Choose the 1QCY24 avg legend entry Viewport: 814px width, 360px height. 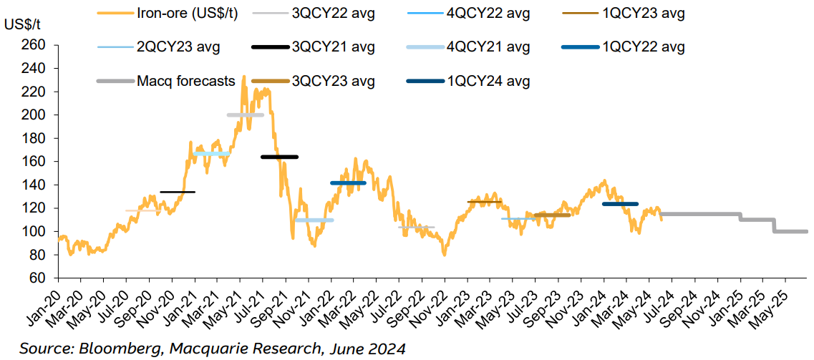pos(488,81)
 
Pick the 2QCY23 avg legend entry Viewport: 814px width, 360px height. pos(178,47)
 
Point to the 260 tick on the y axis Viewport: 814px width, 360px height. pos(35,45)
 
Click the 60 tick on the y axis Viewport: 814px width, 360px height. pos(39,278)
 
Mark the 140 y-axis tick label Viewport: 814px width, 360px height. pos(35,185)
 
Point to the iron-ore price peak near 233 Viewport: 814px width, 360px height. pos(244,77)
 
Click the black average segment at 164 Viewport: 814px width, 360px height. pos(279,157)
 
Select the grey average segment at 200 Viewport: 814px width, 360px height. pos(246,115)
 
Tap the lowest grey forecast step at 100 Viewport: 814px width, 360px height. pos(791,231)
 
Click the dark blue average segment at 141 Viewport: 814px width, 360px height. pos(348,183)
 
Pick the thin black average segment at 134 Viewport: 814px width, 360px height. pos(178,192)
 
